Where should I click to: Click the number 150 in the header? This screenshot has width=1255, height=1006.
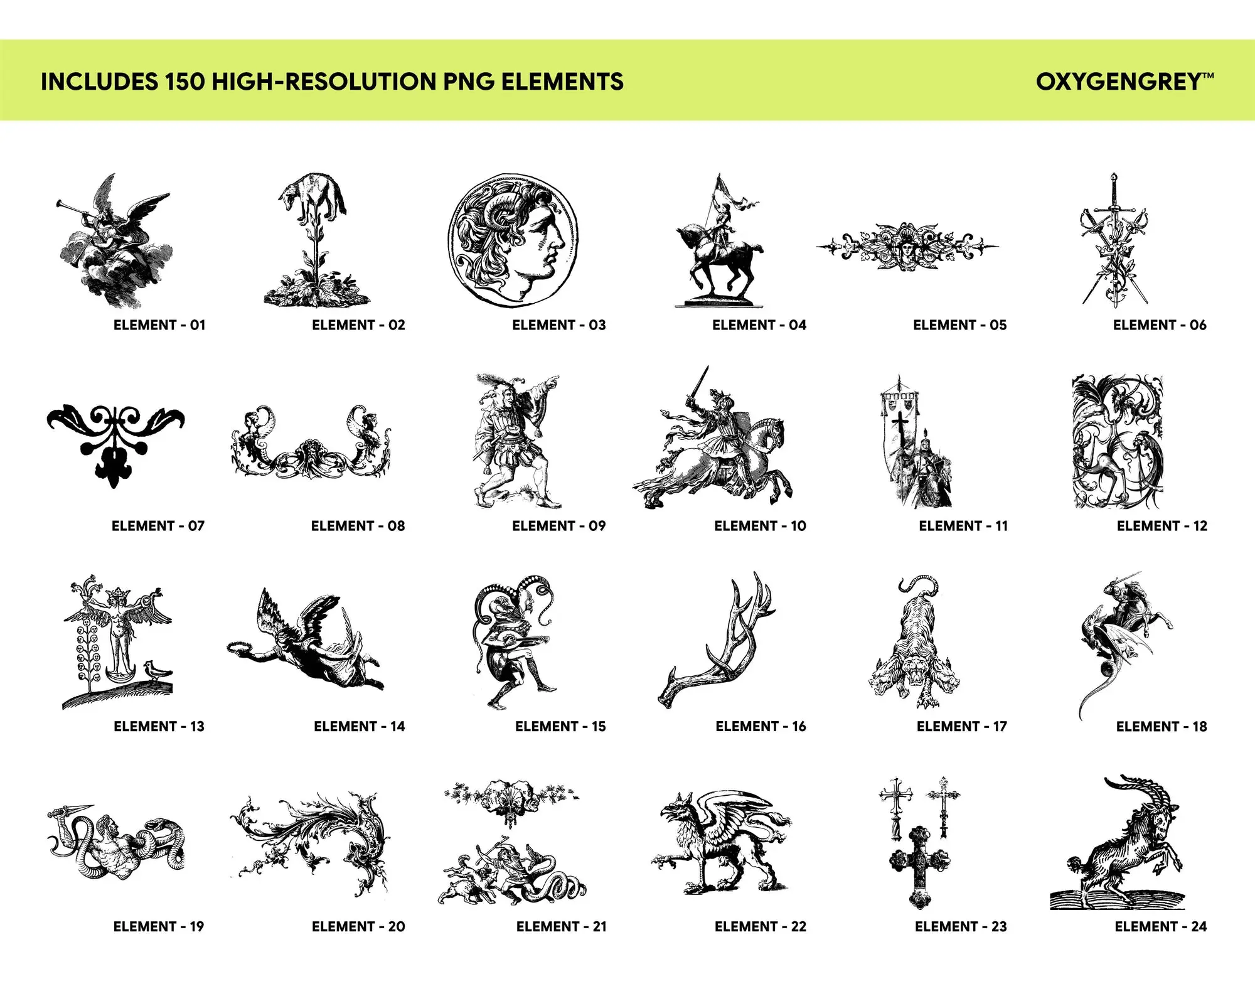tap(185, 82)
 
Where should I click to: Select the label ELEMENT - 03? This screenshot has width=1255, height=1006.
tap(559, 325)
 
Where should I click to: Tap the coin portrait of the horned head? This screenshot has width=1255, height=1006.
tap(513, 240)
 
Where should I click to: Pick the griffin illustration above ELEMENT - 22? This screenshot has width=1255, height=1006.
tap(722, 841)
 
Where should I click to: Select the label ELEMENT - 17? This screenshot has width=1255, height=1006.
tap(961, 726)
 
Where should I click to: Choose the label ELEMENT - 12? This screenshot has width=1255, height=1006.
tap(1162, 526)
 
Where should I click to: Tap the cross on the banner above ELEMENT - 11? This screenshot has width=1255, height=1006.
tap(901, 427)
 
